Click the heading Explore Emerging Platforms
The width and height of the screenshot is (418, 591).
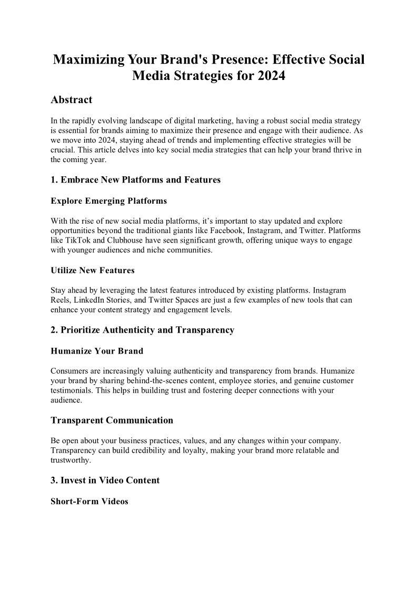108,201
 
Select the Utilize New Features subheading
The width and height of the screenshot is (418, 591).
92,270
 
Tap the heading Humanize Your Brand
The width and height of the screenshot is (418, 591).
97,350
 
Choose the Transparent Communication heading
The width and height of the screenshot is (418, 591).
112,420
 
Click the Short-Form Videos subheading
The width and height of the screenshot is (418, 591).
89,501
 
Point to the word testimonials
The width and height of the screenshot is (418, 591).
72,390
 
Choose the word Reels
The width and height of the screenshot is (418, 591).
61,300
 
